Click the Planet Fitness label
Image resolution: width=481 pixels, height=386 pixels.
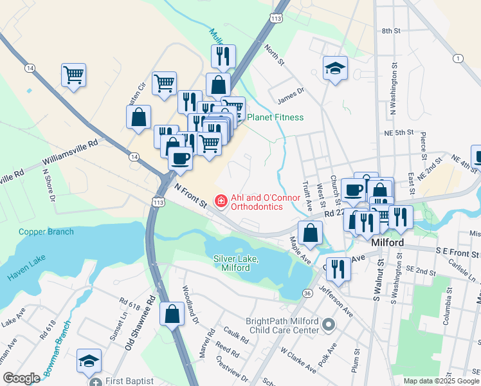(x=275, y=117)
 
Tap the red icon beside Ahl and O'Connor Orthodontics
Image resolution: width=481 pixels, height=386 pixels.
(x=220, y=202)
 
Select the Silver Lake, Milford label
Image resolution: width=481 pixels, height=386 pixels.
(x=236, y=262)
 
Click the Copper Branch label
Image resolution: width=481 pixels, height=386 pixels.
(x=46, y=232)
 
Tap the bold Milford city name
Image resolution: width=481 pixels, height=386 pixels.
(x=388, y=243)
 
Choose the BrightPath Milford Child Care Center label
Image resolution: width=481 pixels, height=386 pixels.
(x=282, y=326)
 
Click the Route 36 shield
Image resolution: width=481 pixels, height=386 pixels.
(x=307, y=293)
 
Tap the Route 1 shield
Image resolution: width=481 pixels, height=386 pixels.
(x=457, y=59)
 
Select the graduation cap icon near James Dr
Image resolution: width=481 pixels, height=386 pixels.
(x=335, y=68)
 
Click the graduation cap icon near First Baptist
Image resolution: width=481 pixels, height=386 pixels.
(x=89, y=360)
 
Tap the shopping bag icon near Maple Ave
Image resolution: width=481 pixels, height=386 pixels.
(x=310, y=234)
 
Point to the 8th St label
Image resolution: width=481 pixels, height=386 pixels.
(x=391, y=30)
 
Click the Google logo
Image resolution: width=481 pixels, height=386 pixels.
(x=21, y=378)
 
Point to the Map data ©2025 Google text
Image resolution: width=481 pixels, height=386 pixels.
(x=440, y=381)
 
